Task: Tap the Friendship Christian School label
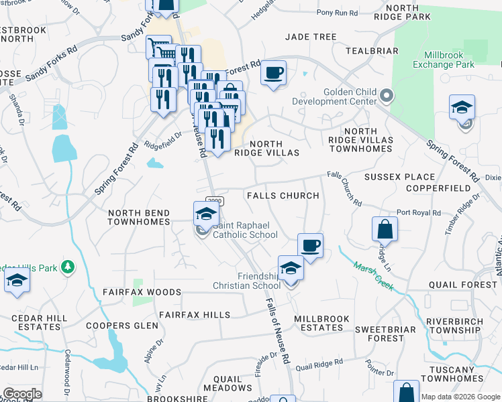(x=247, y=281)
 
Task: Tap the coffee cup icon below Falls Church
(x=310, y=245)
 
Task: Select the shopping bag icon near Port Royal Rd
(x=385, y=229)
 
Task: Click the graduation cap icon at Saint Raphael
(x=207, y=214)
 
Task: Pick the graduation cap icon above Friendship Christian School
(x=291, y=268)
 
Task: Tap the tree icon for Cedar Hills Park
(x=67, y=268)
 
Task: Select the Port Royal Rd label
(x=418, y=212)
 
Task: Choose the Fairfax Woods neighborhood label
(x=142, y=292)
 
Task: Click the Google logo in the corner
(x=22, y=394)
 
